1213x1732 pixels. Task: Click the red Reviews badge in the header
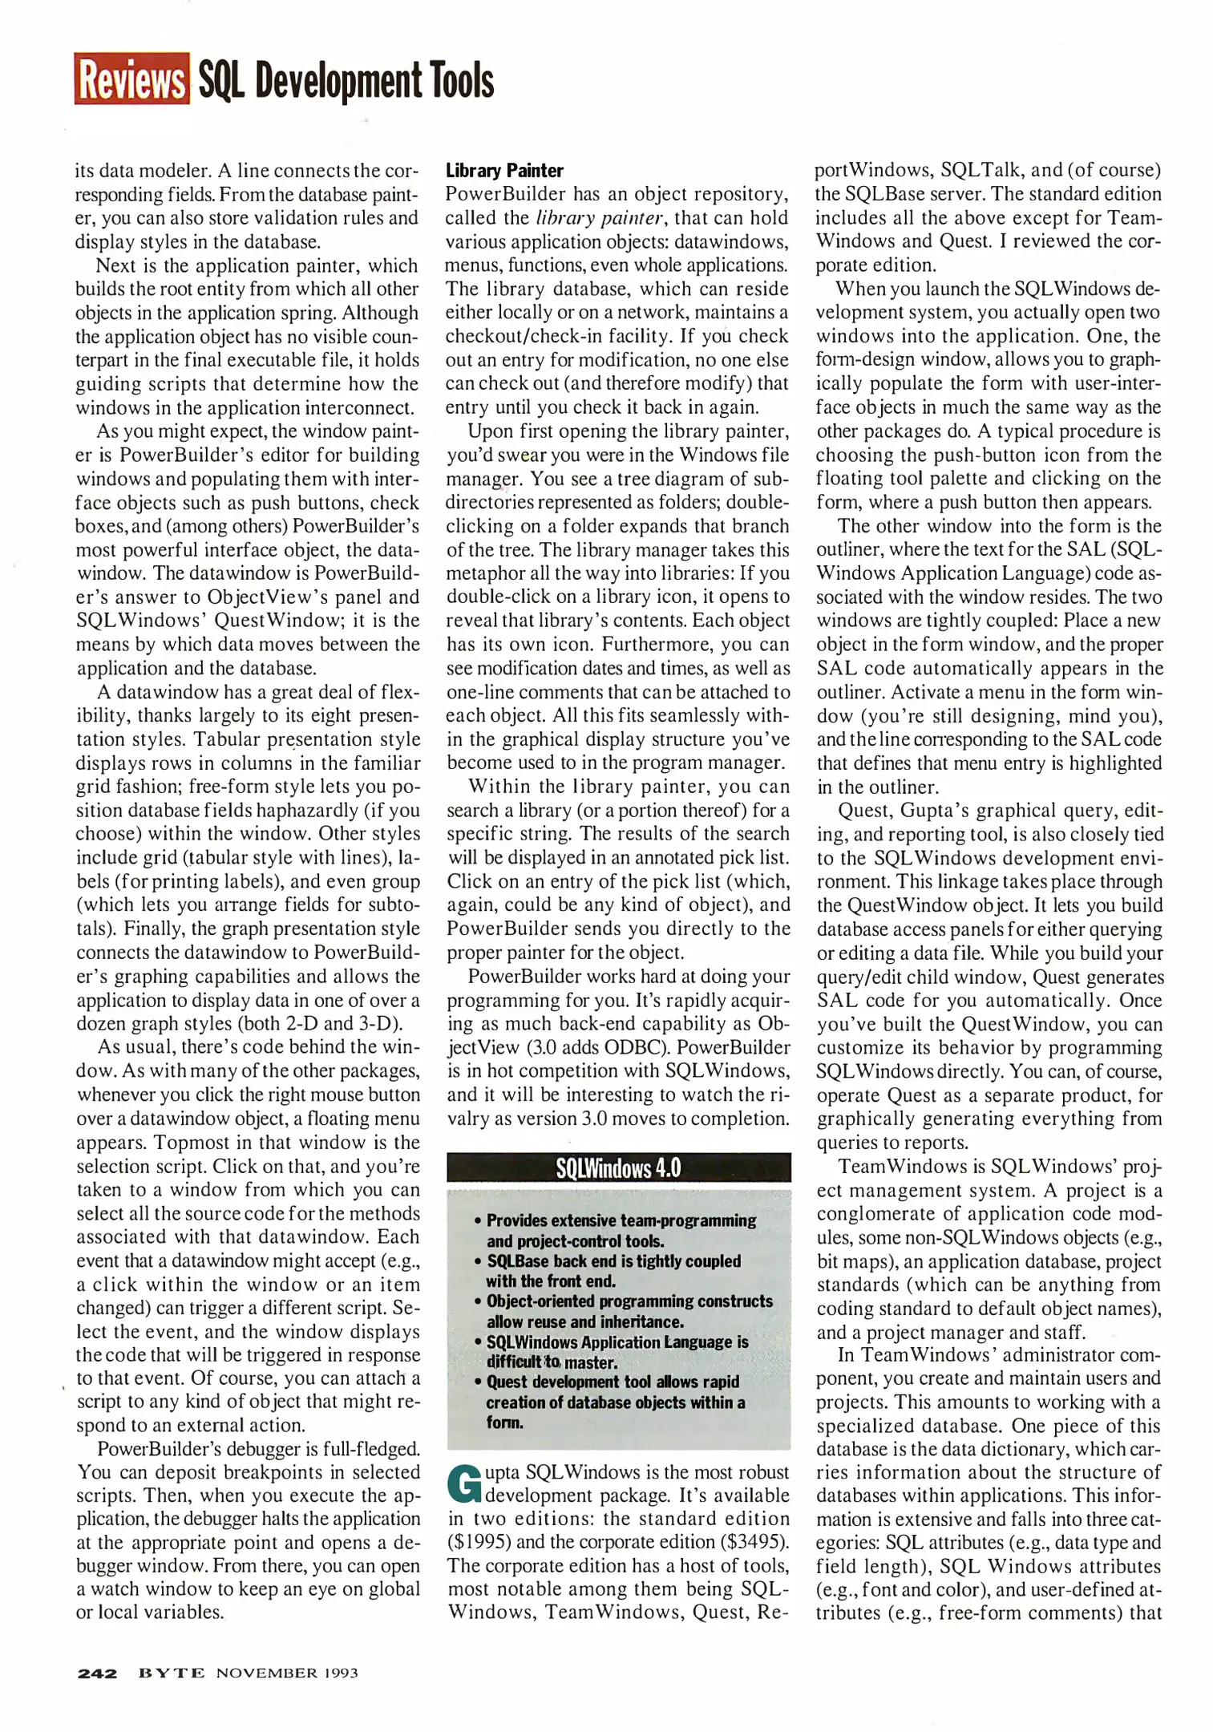pos(131,79)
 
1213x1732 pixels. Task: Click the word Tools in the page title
pos(461,80)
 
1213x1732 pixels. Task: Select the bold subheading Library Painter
pos(504,171)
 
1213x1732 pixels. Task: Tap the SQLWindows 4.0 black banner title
pos(618,1167)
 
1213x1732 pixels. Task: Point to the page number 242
pos(97,1673)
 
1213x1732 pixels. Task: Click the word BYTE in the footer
pos(171,1673)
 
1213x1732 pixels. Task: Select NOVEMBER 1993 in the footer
pos(287,1673)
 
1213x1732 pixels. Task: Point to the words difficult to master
pos(552,1362)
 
